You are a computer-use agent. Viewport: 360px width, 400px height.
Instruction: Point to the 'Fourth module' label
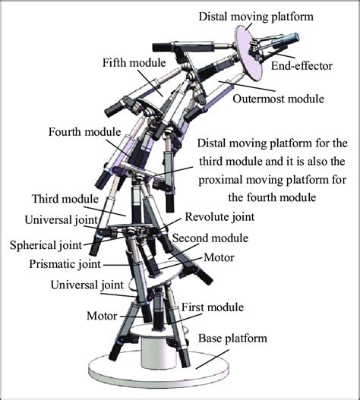click(x=84, y=131)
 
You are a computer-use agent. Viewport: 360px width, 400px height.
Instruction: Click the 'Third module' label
click(x=65, y=199)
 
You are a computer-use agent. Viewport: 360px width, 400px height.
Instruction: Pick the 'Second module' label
click(x=209, y=237)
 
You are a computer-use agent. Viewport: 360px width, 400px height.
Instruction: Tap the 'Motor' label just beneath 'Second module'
click(x=219, y=257)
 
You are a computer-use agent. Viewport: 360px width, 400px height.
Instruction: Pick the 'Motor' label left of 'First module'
click(x=101, y=313)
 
